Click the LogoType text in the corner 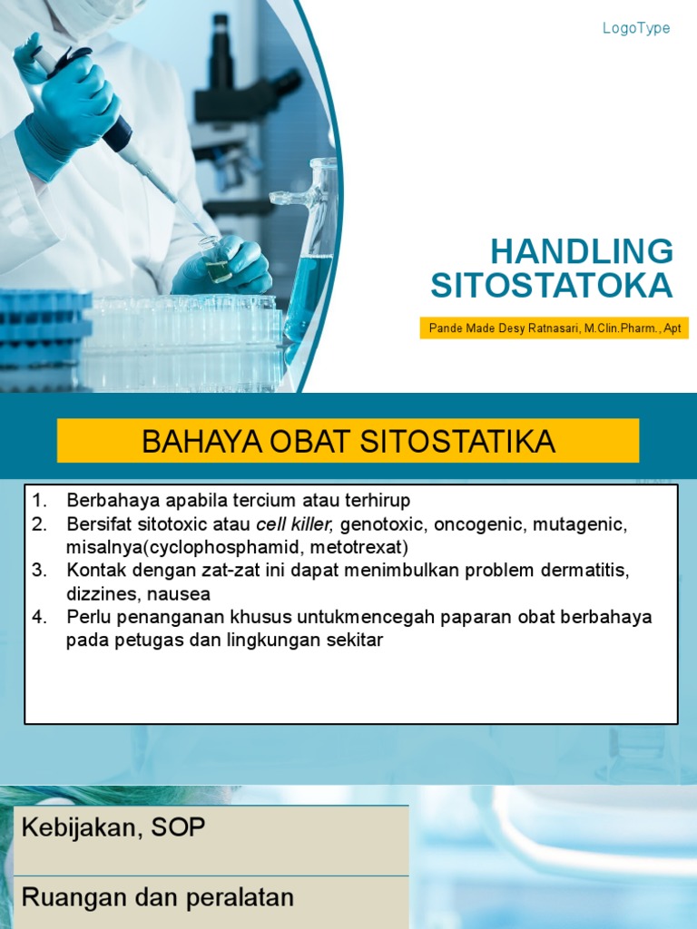coord(636,28)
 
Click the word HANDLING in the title coord(582,251)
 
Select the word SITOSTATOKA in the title coord(552,286)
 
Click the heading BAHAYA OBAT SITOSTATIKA coord(348,442)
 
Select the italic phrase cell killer coord(295,524)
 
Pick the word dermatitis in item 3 coord(584,572)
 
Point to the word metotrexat coord(358,548)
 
